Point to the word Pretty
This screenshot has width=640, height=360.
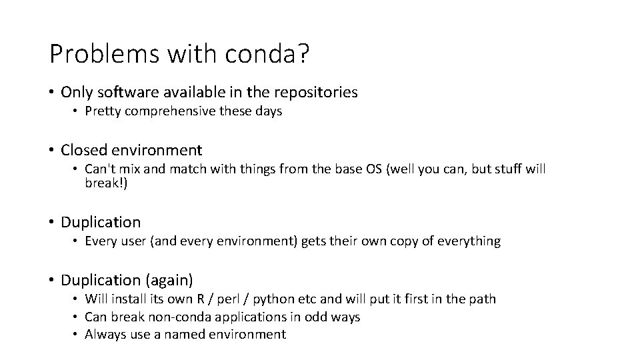pyautogui.click(x=103, y=111)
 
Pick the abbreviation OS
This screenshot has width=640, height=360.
pyautogui.click(x=393, y=169)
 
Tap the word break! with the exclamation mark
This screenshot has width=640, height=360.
pyautogui.click(x=105, y=183)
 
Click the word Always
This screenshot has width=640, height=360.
pyautogui.click(x=105, y=335)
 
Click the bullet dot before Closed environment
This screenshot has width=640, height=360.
pyautogui.click(x=52, y=151)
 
